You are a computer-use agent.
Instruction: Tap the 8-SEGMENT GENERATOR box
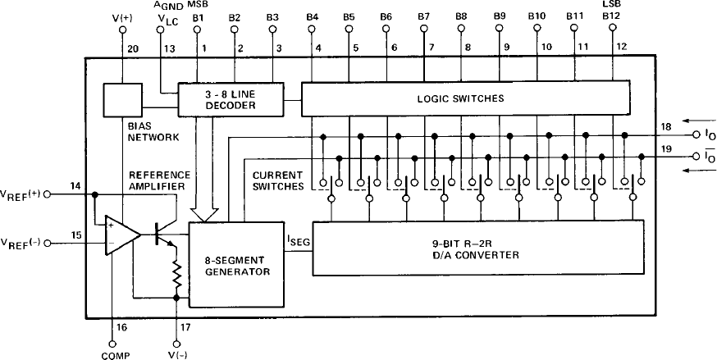(x=229, y=264)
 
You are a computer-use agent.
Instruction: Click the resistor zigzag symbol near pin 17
(x=176, y=275)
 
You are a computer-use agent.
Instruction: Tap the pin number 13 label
(x=168, y=48)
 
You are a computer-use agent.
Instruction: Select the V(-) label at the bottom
(x=176, y=353)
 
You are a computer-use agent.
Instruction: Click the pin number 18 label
(x=666, y=126)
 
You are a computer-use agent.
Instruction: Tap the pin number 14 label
(x=76, y=187)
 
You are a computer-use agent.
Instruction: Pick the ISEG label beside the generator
(x=294, y=240)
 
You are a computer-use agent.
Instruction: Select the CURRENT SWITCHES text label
(x=278, y=180)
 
